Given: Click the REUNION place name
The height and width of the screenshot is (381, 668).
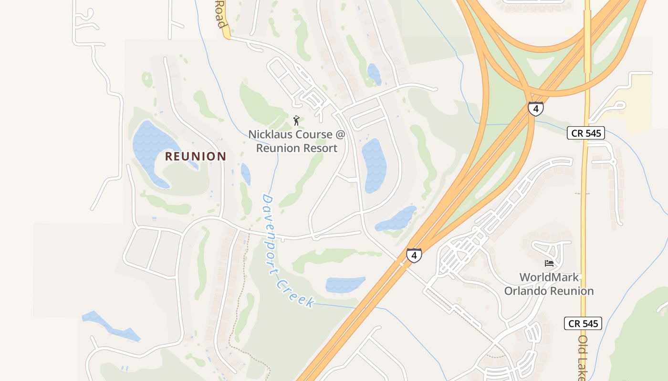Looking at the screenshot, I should click(196, 156).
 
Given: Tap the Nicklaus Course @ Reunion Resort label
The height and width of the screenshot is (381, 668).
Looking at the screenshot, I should click(296, 141).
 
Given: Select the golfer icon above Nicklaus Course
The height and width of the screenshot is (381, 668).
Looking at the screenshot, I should click(296, 120).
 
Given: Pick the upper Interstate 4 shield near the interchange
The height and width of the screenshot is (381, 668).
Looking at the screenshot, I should click(535, 109).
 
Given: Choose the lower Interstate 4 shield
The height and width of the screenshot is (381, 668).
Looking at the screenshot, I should click(414, 256).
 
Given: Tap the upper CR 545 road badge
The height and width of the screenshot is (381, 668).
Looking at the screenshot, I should click(586, 133).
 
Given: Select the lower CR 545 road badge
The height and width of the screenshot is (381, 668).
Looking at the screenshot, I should click(583, 324).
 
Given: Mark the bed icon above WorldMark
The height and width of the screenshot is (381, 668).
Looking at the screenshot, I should click(549, 263).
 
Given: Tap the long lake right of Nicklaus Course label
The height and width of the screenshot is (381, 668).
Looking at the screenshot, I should click(374, 164).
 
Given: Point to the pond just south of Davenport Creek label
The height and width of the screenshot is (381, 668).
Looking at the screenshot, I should click(345, 284).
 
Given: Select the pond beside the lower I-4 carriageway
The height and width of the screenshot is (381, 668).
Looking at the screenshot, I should click(396, 219).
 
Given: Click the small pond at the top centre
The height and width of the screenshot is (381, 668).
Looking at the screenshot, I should click(374, 74).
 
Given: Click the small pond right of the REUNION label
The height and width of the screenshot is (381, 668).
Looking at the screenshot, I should click(246, 174).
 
